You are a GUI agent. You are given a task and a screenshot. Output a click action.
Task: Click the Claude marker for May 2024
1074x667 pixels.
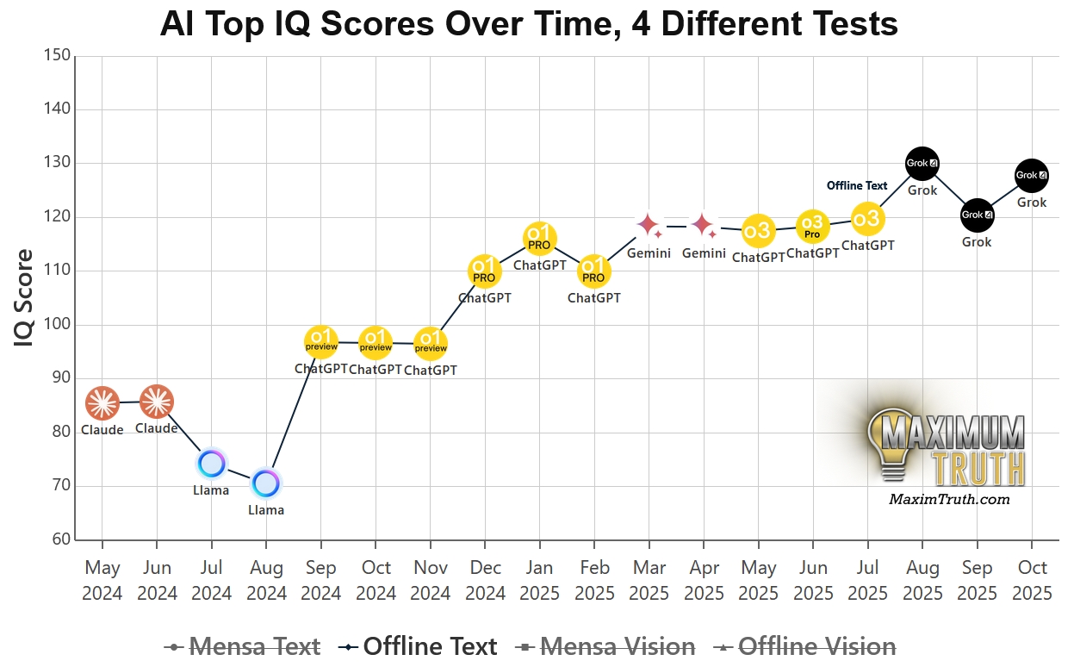(x=102, y=402)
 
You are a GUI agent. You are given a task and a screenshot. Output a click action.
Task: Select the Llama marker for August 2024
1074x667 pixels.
(x=266, y=483)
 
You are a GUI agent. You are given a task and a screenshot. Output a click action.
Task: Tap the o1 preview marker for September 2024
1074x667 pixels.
(x=321, y=342)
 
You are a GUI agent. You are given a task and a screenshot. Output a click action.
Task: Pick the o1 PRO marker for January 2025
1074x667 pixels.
(x=540, y=239)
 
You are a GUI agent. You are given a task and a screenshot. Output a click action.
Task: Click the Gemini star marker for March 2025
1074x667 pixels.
(x=649, y=226)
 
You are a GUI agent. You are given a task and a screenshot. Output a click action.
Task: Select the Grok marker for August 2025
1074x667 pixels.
(x=922, y=163)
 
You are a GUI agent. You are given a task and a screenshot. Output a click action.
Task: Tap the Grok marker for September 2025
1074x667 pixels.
(x=977, y=215)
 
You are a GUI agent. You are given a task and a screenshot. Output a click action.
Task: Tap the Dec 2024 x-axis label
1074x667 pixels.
(x=485, y=580)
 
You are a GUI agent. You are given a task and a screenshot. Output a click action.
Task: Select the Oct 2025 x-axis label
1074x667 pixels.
(x=1032, y=580)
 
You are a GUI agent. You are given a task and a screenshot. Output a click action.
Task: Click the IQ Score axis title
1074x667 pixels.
(x=25, y=298)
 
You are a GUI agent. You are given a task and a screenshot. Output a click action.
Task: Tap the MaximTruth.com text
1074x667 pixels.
(x=949, y=499)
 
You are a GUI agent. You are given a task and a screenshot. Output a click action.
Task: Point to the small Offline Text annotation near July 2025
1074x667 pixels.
(x=857, y=185)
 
